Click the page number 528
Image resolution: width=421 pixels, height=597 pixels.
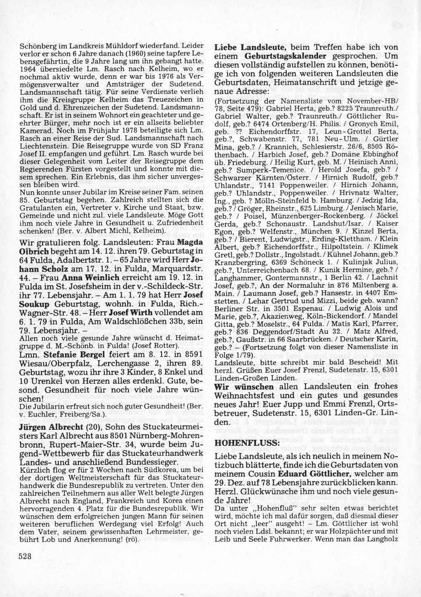25,556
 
